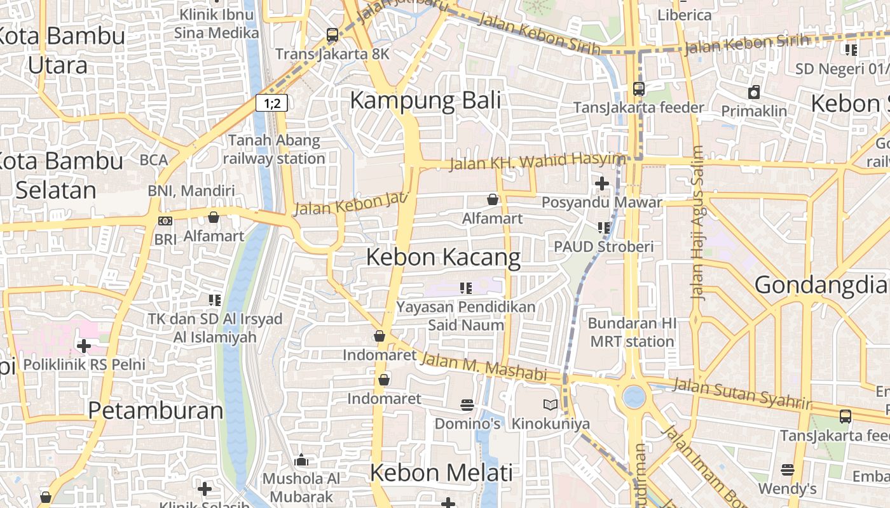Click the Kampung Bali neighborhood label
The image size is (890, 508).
[425, 100]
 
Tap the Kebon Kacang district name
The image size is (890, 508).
[443, 257]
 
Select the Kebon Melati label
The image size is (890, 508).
[441, 473]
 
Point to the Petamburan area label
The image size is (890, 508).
[156, 411]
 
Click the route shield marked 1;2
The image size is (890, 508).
[272, 103]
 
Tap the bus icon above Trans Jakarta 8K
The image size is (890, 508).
[332, 35]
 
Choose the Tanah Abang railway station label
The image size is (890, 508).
[274, 149]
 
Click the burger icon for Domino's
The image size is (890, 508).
[467, 404]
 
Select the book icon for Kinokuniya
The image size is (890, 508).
[551, 404]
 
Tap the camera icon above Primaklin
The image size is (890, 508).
[754, 92]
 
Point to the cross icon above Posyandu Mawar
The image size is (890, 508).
[601, 184]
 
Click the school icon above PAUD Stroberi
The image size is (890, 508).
[603, 227]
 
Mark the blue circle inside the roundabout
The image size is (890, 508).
[634, 397]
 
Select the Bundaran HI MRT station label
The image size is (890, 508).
[632, 332]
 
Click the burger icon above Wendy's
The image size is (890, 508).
[787, 470]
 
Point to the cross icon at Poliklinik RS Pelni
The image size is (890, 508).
[84, 346]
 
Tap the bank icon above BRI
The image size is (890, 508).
[165, 221]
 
